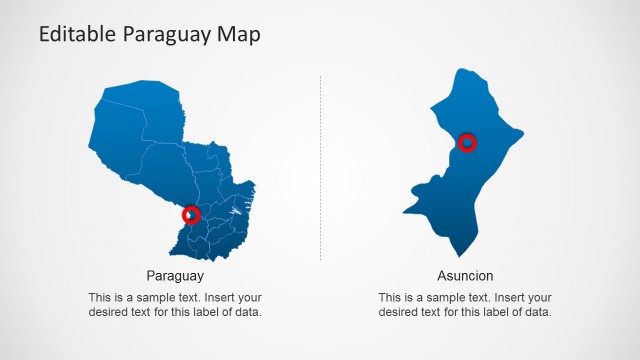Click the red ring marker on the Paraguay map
(192, 214)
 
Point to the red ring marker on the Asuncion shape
(467, 143)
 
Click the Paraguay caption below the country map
(175, 276)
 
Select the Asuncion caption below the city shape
(465, 276)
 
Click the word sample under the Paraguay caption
(150, 298)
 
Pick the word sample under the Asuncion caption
(440, 298)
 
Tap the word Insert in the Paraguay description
(216, 298)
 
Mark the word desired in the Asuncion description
(400, 313)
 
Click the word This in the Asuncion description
(390, 298)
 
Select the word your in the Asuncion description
(538, 298)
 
